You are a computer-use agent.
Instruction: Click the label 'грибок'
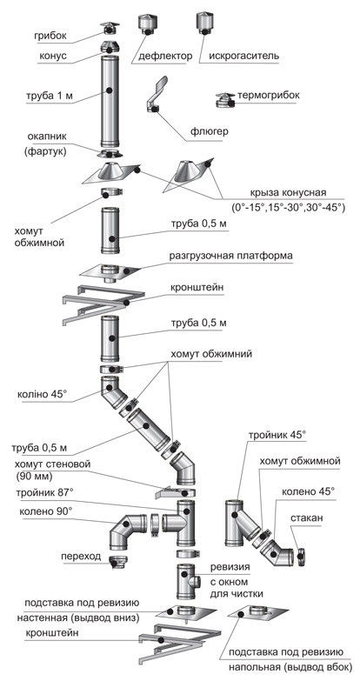coord(50,36)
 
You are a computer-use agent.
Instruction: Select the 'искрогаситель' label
coord(244,56)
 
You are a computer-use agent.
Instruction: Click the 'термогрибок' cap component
coord(225,100)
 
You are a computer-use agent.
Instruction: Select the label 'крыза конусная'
coord(284,193)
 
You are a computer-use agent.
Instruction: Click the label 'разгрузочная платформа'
coord(231,256)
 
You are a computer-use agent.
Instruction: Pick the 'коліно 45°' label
coord(43,395)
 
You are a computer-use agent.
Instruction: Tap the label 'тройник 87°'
coord(44,493)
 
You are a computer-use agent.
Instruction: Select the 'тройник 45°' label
coord(277,434)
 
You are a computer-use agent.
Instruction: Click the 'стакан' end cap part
coord(301,555)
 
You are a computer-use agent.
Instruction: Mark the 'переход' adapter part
coord(117,561)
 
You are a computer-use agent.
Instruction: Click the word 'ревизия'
coord(230,566)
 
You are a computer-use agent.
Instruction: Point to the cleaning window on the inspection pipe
coord(194,581)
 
